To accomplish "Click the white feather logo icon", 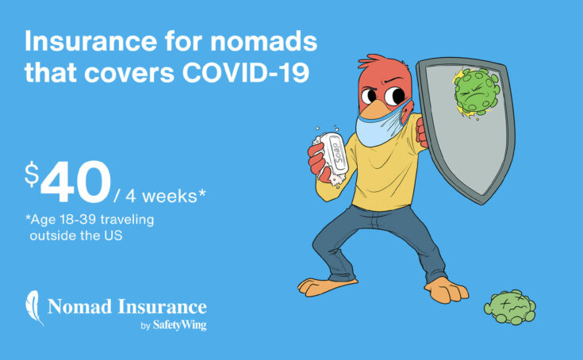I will click(34, 308).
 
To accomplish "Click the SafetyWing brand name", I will click(181, 324).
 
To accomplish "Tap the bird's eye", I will click(371, 98).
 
